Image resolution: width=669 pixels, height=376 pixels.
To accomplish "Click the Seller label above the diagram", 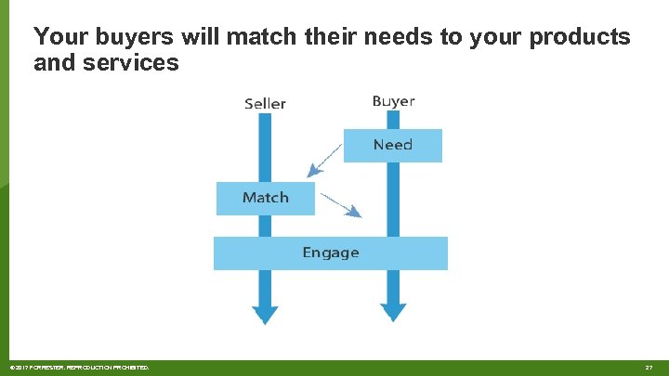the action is click(x=265, y=104).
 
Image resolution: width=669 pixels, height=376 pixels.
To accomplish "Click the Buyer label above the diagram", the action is click(x=393, y=101).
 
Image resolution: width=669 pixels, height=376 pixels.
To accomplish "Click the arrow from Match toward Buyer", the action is click(x=339, y=203).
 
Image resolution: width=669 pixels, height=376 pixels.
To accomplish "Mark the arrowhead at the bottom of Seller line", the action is click(x=265, y=314).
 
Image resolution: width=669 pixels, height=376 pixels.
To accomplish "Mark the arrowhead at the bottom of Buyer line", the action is click(x=393, y=312).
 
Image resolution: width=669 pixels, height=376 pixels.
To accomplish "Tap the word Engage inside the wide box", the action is click(x=330, y=253).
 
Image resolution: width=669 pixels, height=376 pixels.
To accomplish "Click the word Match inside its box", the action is click(x=266, y=198).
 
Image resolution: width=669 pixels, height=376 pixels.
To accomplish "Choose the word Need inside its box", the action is click(x=392, y=145).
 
